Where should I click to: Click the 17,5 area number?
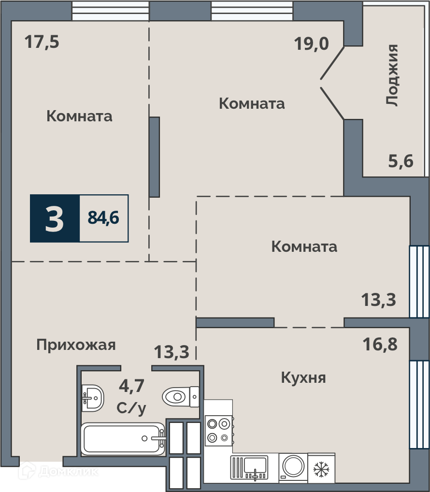[42, 42]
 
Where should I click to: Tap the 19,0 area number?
[311, 43]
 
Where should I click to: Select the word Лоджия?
[392, 75]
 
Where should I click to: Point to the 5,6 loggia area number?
[401, 161]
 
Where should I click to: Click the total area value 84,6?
[103, 217]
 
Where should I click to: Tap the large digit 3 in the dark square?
[55, 219]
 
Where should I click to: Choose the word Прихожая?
[76, 345]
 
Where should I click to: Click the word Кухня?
[303, 378]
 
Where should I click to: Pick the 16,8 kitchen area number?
[380, 344]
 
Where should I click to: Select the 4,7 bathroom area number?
[131, 386]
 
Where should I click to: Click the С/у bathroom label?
[131, 408]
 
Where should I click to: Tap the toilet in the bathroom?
[180, 397]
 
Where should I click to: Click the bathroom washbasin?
[92, 398]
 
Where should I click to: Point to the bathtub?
[123, 439]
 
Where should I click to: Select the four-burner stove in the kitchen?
[218, 431]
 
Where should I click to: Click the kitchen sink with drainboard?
[249, 468]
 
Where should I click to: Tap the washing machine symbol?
[293, 467]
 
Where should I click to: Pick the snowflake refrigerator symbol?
[321, 469]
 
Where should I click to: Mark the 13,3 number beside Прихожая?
[172, 352]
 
